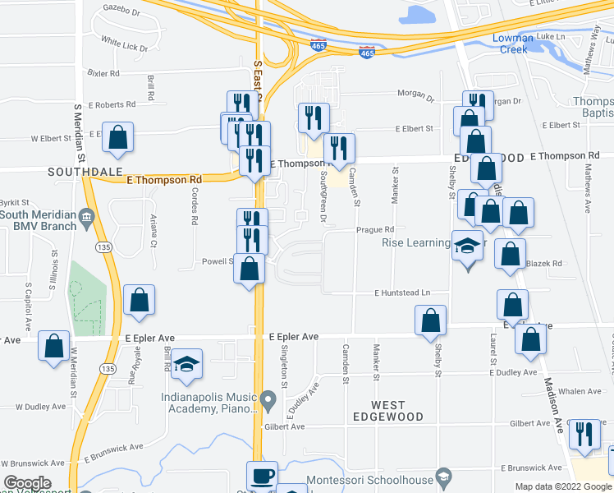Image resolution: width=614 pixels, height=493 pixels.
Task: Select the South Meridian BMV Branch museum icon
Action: coord(86,216)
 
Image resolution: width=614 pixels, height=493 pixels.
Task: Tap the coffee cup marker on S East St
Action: coord(262,476)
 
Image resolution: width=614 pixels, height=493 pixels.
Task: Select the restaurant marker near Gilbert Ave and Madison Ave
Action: coord(584,432)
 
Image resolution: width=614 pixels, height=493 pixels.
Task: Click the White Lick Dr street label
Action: coord(124,44)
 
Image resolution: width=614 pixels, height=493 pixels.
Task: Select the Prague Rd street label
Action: coord(375,230)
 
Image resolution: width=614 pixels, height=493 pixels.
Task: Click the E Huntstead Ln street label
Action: coord(402,293)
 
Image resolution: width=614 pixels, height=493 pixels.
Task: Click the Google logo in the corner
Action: coord(27,484)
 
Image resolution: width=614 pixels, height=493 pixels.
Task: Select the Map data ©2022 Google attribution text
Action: coord(562,486)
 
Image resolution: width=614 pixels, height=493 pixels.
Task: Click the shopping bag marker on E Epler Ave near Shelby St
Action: coord(430,320)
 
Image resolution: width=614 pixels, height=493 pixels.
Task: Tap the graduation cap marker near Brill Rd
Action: coord(187,364)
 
